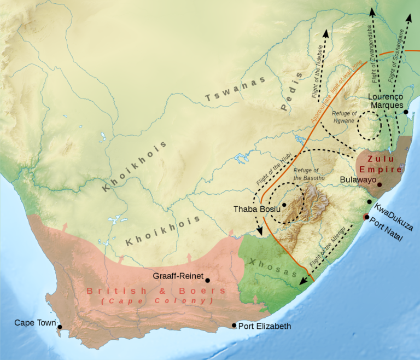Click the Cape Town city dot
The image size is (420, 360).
click(60, 327)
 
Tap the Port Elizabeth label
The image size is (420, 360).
click(265, 326)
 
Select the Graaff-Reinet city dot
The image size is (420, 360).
click(207, 280)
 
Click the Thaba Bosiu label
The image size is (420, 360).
click(256, 209)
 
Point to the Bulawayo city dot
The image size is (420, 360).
click(378, 185)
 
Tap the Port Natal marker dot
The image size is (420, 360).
click(366, 217)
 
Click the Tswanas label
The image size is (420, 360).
click(235, 90)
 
